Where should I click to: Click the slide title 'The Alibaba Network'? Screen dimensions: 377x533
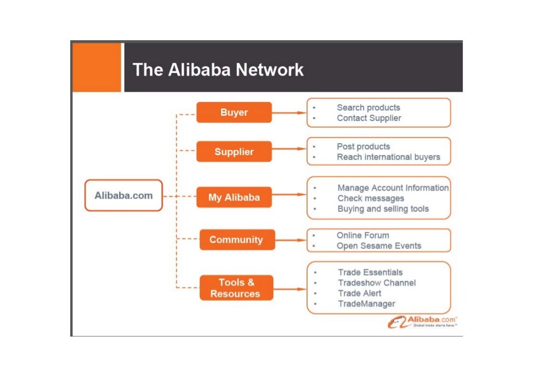(x=218, y=69)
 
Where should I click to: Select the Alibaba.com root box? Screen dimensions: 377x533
(x=123, y=196)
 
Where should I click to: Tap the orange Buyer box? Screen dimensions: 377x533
(x=234, y=112)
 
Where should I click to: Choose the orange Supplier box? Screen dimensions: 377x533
(x=234, y=152)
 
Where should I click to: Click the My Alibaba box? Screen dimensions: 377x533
(x=234, y=197)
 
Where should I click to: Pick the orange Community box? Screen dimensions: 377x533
(x=236, y=240)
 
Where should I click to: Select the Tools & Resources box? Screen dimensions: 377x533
(x=236, y=288)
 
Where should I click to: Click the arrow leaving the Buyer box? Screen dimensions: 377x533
(x=288, y=112)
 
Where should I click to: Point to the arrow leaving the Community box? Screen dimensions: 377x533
(x=290, y=240)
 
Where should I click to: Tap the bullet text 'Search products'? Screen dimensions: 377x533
(x=368, y=107)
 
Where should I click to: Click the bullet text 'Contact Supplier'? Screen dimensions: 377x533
(x=369, y=118)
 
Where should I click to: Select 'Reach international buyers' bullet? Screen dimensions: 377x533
(x=388, y=157)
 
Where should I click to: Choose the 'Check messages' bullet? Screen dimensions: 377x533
(x=371, y=198)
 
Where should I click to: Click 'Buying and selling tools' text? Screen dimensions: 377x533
(x=383, y=209)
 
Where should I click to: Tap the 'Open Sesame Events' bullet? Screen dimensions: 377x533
(x=378, y=246)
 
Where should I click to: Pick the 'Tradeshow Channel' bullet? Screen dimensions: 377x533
(x=376, y=283)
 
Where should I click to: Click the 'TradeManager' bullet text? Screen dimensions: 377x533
(x=366, y=304)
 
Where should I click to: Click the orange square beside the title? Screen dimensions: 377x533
(x=96, y=67)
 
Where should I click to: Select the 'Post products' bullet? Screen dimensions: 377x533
(x=363, y=146)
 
